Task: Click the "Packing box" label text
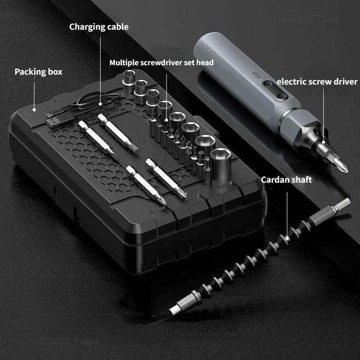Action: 38,72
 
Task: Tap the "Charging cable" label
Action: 99,27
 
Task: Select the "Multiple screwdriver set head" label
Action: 162,62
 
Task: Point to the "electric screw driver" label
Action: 317,81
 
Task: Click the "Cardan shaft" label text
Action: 286,180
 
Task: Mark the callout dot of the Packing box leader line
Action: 34,108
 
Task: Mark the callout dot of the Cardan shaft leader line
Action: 286,236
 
